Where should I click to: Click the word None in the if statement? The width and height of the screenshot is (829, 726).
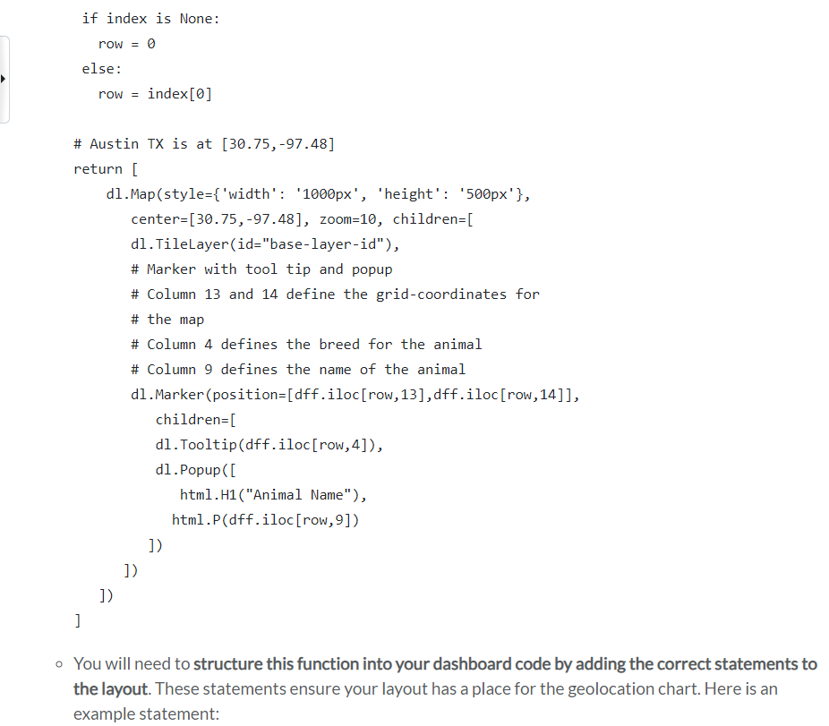point(196,18)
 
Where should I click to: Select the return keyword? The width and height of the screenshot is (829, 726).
point(98,168)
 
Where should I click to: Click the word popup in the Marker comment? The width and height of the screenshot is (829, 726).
point(372,269)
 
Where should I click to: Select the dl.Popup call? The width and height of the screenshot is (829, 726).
point(184,469)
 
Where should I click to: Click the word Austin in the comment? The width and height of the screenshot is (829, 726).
point(114,143)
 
